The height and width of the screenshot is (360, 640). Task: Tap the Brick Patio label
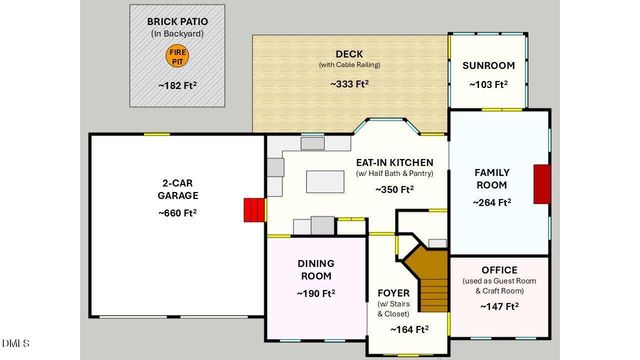coord(177,21)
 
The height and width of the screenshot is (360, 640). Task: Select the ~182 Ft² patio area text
coord(177,88)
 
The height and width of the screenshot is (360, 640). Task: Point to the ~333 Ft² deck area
coord(349,85)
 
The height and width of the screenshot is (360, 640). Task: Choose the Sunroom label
coord(488,66)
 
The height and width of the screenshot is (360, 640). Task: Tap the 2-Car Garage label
coord(177,190)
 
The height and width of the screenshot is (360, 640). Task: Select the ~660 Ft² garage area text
coord(177,213)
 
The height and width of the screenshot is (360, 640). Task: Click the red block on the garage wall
coord(254,210)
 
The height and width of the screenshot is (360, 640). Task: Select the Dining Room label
coord(315,270)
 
